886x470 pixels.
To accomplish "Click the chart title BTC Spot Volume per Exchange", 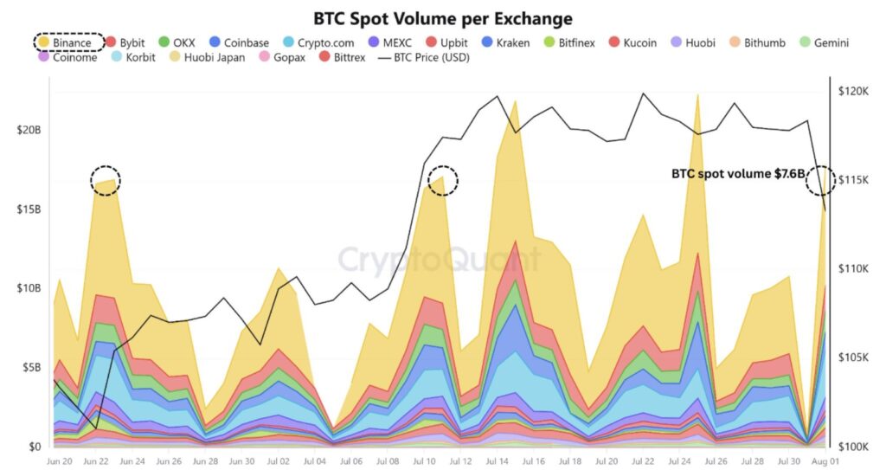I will pyautogui.click(x=442, y=18).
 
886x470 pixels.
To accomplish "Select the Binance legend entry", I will pyautogui.click(x=69, y=42).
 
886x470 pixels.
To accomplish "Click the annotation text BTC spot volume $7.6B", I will pyautogui.click(x=737, y=173).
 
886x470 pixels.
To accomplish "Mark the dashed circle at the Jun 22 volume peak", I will pyautogui.click(x=106, y=180).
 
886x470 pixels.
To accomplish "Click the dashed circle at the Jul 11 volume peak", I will pyautogui.click(x=443, y=180).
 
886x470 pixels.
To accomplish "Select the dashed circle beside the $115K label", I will pyautogui.click(x=819, y=180).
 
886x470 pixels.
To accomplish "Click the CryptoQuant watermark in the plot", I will pyautogui.click(x=439, y=260).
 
